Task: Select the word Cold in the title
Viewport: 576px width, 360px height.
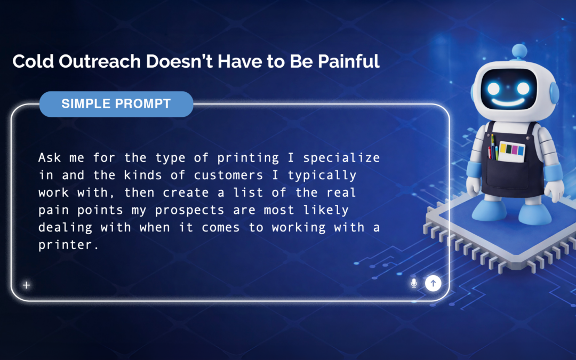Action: (30, 61)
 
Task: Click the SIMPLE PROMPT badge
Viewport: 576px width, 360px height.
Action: (116, 103)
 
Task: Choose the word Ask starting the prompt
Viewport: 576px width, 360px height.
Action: (47, 158)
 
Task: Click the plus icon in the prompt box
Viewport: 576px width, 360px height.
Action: (26, 285)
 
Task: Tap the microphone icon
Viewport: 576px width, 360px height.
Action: (414, 283)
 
